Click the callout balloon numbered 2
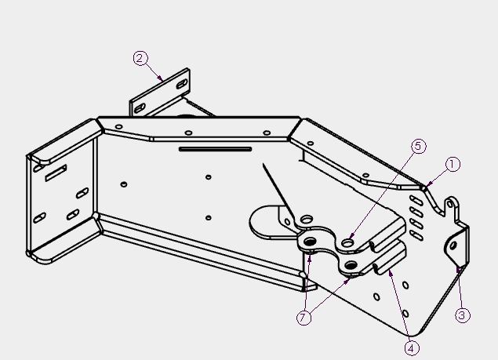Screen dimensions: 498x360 (140, 59)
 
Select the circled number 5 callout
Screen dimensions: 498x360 (419, 146)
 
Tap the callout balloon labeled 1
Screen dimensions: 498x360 (453, 165)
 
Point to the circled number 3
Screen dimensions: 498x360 (462, 315)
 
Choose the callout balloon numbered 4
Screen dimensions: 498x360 (412, 348)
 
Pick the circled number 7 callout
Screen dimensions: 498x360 (304, 318)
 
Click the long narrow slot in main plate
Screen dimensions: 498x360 (216, 149)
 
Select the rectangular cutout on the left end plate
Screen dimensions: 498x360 (56, 173)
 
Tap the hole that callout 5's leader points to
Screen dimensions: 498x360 (347, 243)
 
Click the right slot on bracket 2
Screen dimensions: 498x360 (182, 84)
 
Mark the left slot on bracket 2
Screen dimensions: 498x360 (140, 108)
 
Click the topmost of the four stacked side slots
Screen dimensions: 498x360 (416, 200)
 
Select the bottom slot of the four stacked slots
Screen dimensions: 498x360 (416, 235)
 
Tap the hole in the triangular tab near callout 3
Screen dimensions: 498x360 (453, 245)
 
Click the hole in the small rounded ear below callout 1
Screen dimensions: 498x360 (450, 204)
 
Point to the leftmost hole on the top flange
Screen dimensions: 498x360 (118, 127)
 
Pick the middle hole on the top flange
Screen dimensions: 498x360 (188, 133)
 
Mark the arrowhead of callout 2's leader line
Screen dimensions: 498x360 (162, 80)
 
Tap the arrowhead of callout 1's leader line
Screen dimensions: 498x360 (427, 186)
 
